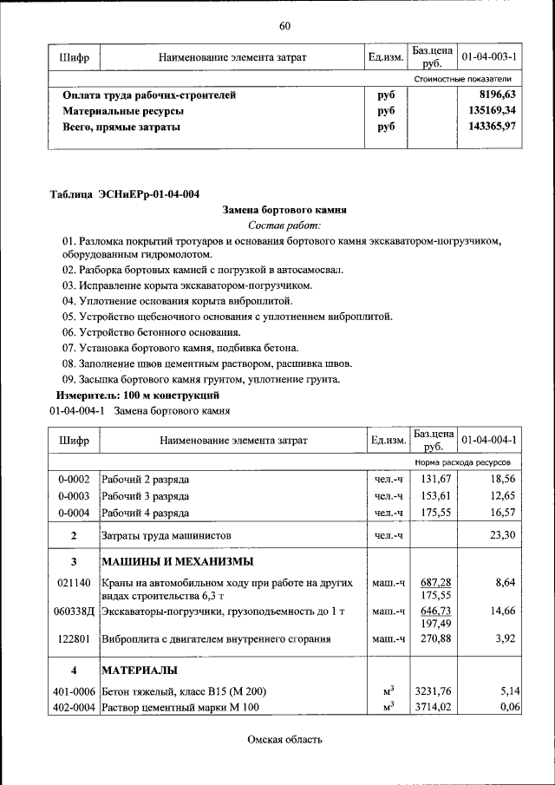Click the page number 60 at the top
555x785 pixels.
[x=284, y=25]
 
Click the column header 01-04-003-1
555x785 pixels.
[x=489, y=57]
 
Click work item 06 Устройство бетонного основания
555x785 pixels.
[x=151, y=331]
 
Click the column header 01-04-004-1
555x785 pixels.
[x=489, y=440]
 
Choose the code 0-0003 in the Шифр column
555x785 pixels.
[x=74, y=495]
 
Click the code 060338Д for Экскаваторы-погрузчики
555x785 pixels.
[x=74, y=611]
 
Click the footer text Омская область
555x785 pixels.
[x=284, y=739]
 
